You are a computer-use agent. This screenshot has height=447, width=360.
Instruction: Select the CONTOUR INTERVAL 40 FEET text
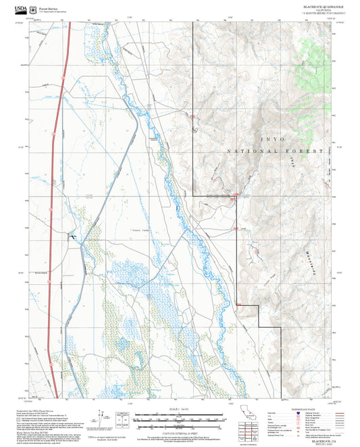(180, 432)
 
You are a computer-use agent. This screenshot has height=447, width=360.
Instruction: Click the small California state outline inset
(247, 413)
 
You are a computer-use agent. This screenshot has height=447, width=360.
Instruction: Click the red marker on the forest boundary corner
(235, 197)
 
